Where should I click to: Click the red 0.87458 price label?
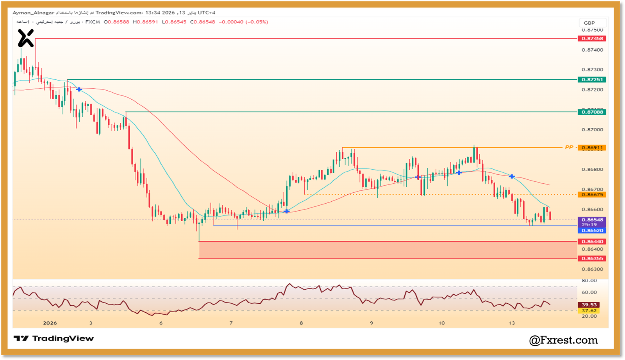coord(592,38)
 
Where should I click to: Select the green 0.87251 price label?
coord(592,79)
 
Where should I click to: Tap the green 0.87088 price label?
coord(592,112)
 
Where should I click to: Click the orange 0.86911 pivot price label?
coord(592,148)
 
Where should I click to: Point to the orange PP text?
coord(569,147)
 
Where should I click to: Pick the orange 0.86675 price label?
coord(592,195)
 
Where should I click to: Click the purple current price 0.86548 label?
coord(592,220)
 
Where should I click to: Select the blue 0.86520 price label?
coord(592,231)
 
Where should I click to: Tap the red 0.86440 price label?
coord(592,242)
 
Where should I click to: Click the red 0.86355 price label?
coord(592,258)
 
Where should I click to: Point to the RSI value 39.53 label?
coord(589,305)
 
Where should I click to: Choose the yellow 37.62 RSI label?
coord(589,311)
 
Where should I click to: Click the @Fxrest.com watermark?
coord(563,340)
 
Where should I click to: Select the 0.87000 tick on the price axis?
coord(592,130)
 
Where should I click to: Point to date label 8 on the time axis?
coord(301,323)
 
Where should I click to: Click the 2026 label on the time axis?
coord(50,323)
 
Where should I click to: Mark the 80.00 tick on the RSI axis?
coord(589,281)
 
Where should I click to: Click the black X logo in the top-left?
coord(26,38)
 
